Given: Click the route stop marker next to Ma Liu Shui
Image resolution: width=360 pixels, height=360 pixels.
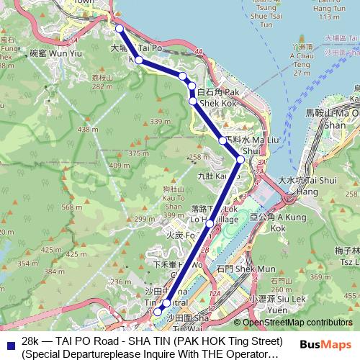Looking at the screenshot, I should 224,140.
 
